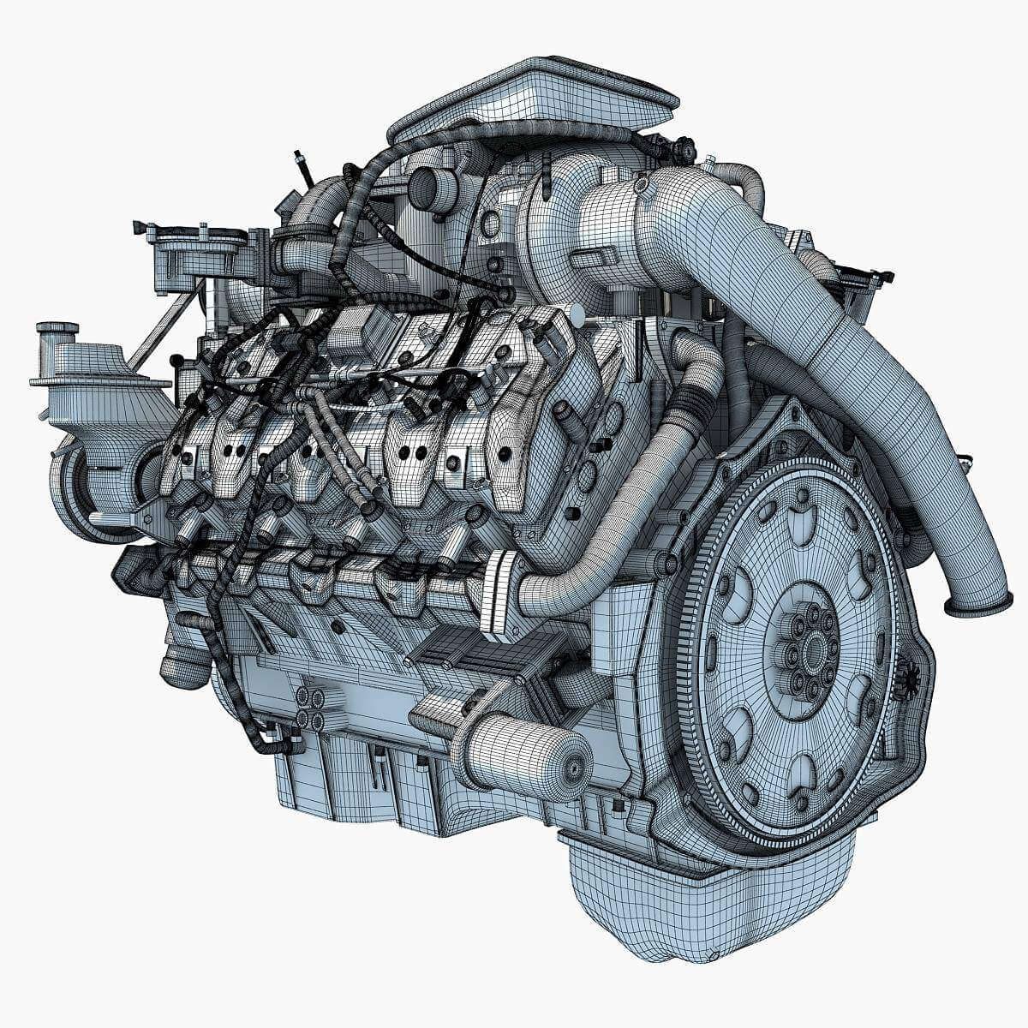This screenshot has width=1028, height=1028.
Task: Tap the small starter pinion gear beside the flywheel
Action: (909, 677)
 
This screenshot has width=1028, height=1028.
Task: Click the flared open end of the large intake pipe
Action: (978, 607)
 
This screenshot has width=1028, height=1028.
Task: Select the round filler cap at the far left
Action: (57, 329)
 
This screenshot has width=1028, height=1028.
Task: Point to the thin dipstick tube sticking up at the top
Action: (302, 167)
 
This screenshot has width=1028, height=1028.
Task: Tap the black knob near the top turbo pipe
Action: (683, 151)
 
